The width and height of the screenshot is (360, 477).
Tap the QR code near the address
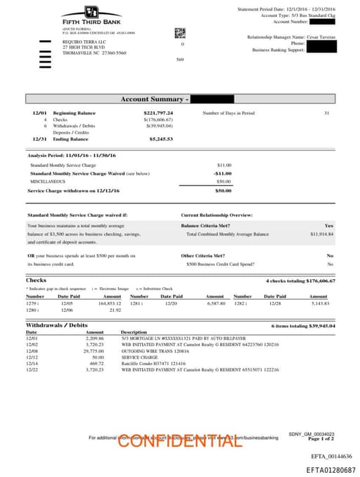coord(180,32)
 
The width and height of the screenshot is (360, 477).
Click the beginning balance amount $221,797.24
coord(158,113)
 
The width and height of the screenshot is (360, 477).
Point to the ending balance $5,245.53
coord(161,139)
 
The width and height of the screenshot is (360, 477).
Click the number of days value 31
coord(326,113)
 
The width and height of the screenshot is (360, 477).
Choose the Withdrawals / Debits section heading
coord(56,326)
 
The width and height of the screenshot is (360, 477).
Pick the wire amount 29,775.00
coord(93,350)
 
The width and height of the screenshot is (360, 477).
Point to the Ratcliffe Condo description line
coord(147,363)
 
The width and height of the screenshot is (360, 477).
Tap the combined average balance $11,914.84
coord(321,234)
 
